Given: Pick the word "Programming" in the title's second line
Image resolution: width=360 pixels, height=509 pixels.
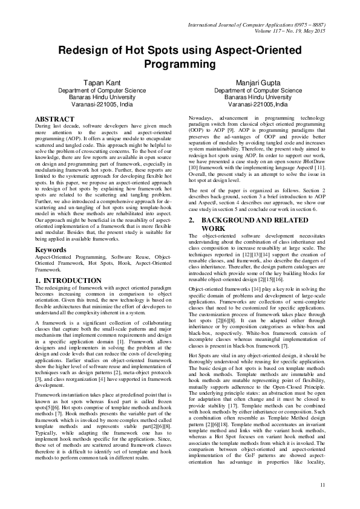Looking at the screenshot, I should [x=180, y=63].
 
